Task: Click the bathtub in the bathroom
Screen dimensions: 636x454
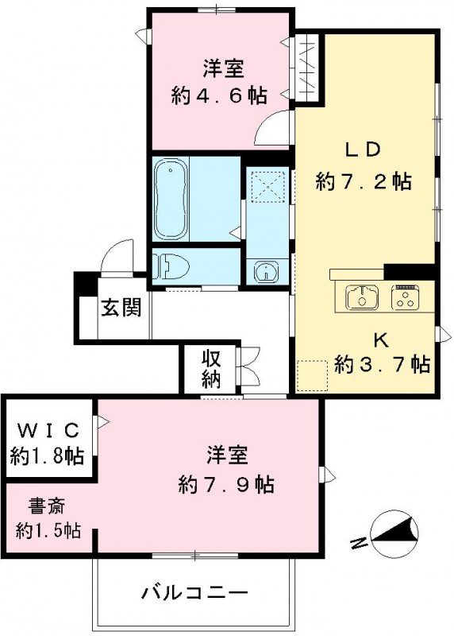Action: tap(173, 199)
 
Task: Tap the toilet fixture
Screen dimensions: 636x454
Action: tap(169, 266)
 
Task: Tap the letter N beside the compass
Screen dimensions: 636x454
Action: tap(359, 543)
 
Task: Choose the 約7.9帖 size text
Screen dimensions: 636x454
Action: tap(227, 483)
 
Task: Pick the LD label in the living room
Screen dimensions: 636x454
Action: tap(363, 149)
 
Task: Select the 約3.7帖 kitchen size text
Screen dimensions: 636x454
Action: tap(383, 364)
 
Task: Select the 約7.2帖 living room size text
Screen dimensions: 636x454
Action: tap(363, 181)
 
